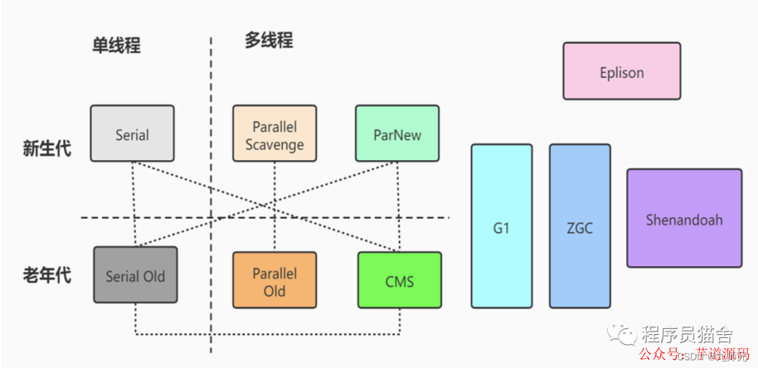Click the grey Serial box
132,133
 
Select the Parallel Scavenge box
274,133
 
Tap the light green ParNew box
397,133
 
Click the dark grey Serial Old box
135,275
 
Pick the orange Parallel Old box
274,280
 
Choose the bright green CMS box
399,280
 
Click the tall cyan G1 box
501,226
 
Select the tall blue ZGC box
580,226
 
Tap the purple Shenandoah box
684,218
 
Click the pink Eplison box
621,71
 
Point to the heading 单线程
117,46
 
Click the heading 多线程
269,40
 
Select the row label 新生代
47,149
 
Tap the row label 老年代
47,275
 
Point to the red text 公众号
659,354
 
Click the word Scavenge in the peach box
274,145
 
